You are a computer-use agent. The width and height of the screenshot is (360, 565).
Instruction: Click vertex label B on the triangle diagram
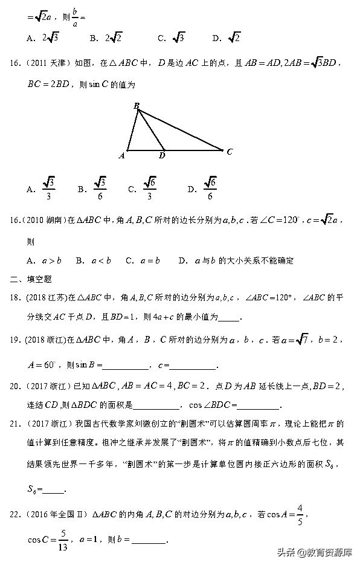(137, 106)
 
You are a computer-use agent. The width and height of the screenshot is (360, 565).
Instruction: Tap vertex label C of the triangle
(230, 152)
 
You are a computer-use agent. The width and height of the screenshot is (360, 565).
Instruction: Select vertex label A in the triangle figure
(122, 155)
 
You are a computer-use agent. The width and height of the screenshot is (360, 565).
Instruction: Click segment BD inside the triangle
(151, 130)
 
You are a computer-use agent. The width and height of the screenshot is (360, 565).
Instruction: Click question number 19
(16, 341)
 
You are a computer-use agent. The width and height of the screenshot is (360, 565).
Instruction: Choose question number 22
(16, 514)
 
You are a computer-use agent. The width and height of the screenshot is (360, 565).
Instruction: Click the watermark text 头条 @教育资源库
(315, 551)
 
